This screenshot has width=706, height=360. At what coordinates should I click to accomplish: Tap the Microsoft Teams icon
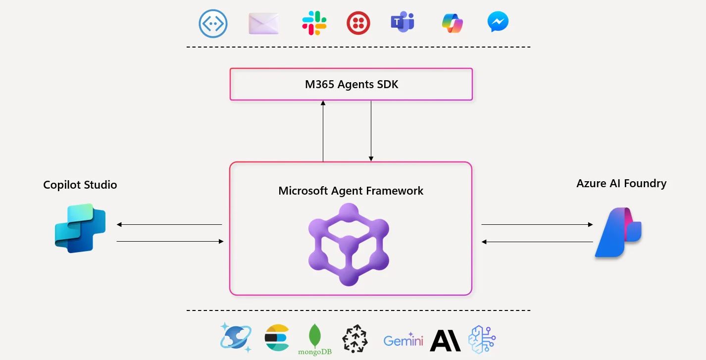click(x=402, y=23)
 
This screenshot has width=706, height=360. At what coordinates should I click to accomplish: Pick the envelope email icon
click(x=263, y=23)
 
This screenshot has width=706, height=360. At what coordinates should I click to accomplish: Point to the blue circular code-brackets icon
click(x=213, y=23)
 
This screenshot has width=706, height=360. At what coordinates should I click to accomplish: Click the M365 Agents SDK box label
click(x=351, y=84)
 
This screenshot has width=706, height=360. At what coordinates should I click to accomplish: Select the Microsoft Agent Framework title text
click(x=351, y=191)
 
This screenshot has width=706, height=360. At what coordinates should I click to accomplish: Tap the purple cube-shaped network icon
click(x=349, y=244)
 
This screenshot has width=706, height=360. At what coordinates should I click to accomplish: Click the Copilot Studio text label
click(x=80, y=185)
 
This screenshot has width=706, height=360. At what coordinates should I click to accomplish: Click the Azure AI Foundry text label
click(x=621, y=183)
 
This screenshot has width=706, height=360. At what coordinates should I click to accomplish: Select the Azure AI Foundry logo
click(x=618, y=232)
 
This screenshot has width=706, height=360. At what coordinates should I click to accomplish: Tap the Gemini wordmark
click(x=403, y=341)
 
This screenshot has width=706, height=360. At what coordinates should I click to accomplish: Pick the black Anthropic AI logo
click(x=445, y=340)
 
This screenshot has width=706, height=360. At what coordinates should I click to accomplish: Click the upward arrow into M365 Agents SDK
click(x=323, y=131)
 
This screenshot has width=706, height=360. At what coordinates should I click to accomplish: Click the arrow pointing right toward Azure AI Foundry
click(x=537, y=225)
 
